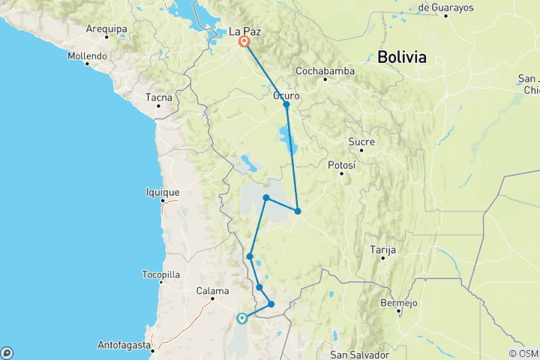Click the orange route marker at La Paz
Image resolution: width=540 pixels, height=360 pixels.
point(244,42)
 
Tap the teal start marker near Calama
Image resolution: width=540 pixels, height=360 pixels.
point(241,318)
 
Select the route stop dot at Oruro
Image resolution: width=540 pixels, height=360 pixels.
point(286,104)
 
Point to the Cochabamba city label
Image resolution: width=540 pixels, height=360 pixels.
point(324,70)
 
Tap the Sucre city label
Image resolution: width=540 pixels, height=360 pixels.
point(361,142)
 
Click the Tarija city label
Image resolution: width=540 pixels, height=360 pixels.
point(382,249)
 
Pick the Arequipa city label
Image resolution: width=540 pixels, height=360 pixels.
point(106,28)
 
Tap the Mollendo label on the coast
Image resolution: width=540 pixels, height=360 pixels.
point(88,55)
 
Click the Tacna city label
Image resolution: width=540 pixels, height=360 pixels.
point(159,97)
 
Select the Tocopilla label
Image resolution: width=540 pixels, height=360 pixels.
point(160,274)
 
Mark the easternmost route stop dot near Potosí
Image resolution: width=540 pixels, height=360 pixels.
point(298,211)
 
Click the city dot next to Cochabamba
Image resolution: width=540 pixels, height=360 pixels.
point(325,79)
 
